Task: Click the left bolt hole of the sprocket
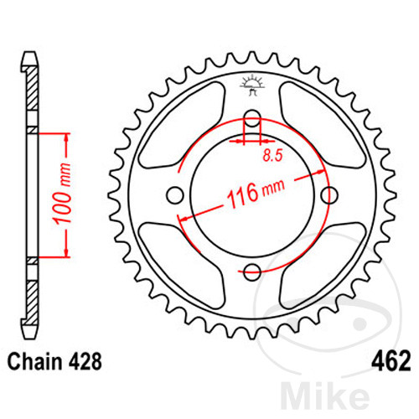click(x=175, y=195)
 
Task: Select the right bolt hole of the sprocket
click(x=328, y=195)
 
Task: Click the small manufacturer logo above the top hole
click(x=252, y=84)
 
